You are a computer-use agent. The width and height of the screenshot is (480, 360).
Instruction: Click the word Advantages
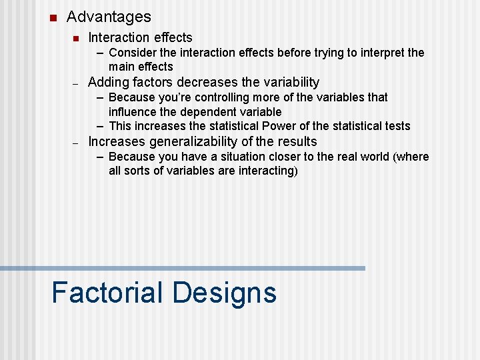pos(109,17)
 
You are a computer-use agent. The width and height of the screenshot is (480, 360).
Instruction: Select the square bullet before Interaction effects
pos(77,38)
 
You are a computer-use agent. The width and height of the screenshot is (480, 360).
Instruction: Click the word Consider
pos(131,53)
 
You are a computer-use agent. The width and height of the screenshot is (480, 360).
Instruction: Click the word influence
pos(133,112)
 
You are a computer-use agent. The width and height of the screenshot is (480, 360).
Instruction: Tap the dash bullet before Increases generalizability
pos(76,143)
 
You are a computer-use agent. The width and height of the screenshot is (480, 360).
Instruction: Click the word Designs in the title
pos(224,293)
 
